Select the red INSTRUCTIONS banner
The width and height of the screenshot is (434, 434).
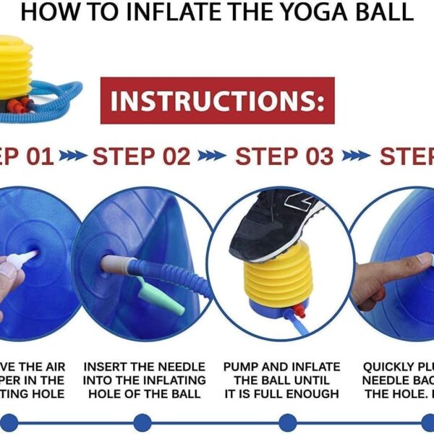(217, 101)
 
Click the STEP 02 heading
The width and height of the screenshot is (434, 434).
(142, 156)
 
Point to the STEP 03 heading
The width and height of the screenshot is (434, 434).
(285, 156)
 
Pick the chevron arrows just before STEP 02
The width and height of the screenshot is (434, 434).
(73, 156)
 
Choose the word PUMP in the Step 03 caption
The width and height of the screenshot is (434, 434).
(242, 367)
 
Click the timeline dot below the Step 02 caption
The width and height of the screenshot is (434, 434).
(142, 422)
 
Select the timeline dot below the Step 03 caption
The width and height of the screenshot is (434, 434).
(287, 422)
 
